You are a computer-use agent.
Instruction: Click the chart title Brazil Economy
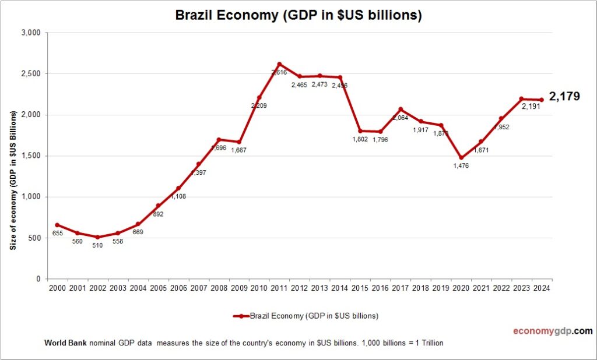298,16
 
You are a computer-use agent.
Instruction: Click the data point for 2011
279,64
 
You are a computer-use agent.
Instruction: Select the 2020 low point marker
461,157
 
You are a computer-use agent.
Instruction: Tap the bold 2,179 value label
564,97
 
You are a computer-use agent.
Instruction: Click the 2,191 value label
534,107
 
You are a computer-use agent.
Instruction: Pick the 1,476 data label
461,166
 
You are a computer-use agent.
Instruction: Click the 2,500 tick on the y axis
30,74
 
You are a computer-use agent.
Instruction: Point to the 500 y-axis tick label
34,238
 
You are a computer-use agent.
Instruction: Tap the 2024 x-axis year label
542,287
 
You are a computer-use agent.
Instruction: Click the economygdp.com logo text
552,331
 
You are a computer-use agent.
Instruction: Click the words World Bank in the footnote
65,343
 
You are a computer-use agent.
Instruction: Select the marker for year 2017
401,109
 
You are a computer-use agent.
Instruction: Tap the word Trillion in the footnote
431,343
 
